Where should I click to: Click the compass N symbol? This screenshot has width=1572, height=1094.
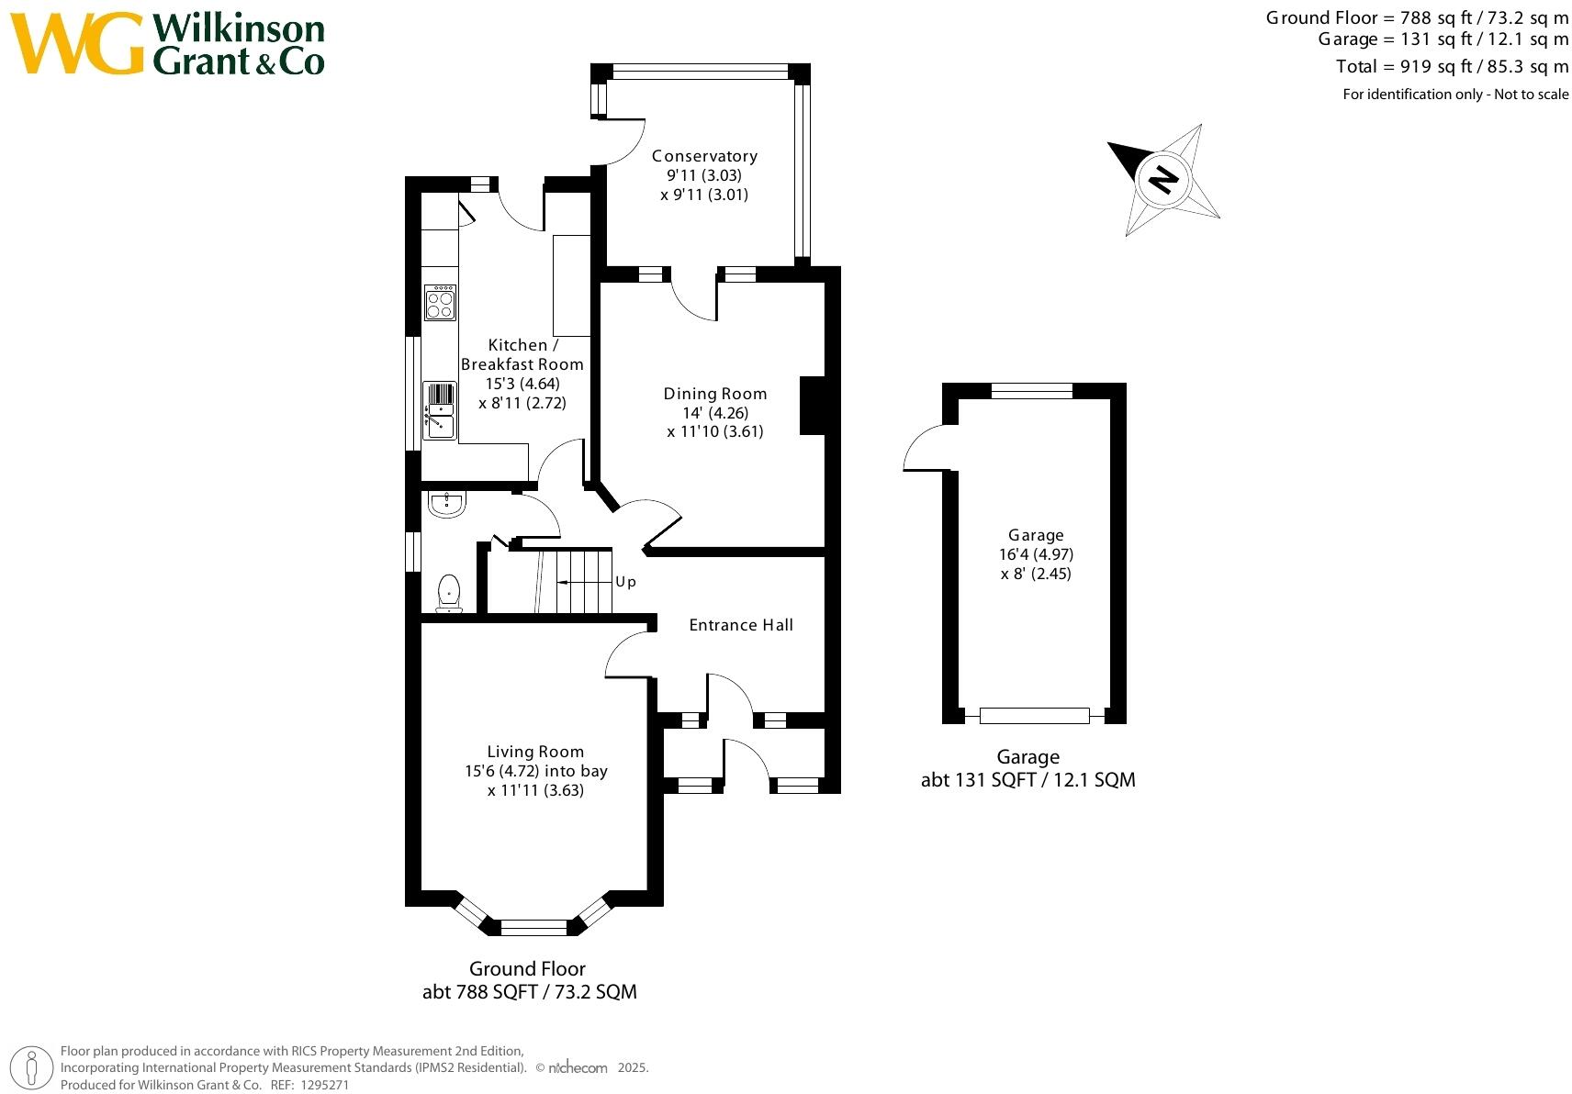click(x=1162, y=178)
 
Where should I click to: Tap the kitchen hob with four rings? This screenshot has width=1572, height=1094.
click(x=440, y=303)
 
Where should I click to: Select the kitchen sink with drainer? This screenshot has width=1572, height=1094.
click(x=439, y=411)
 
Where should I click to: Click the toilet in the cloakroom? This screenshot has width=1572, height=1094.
click(x=448, y=592)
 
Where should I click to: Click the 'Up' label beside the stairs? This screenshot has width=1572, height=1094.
click(x=625, y=582)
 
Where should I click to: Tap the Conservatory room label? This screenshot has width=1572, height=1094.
click(x=704, y=156)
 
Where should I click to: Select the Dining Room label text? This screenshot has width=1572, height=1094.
click(x=714, y=394)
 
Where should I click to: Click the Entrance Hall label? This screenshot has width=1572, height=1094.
click(x=740, y=625)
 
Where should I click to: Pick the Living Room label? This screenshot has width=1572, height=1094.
click(x=535, y=752)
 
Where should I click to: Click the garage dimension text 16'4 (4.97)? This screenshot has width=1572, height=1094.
click(x=1036, y=554)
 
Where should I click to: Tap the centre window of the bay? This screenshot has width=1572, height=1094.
click(x=533, y=926)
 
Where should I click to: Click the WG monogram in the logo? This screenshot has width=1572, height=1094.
click(x=77, y=44)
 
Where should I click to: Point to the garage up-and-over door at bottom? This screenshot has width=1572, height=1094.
click(x=1034, y=716)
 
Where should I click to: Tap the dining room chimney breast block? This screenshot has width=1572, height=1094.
click(x=812, y=405)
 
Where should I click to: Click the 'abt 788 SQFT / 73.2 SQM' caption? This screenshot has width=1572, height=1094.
click(x=529, y=992)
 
